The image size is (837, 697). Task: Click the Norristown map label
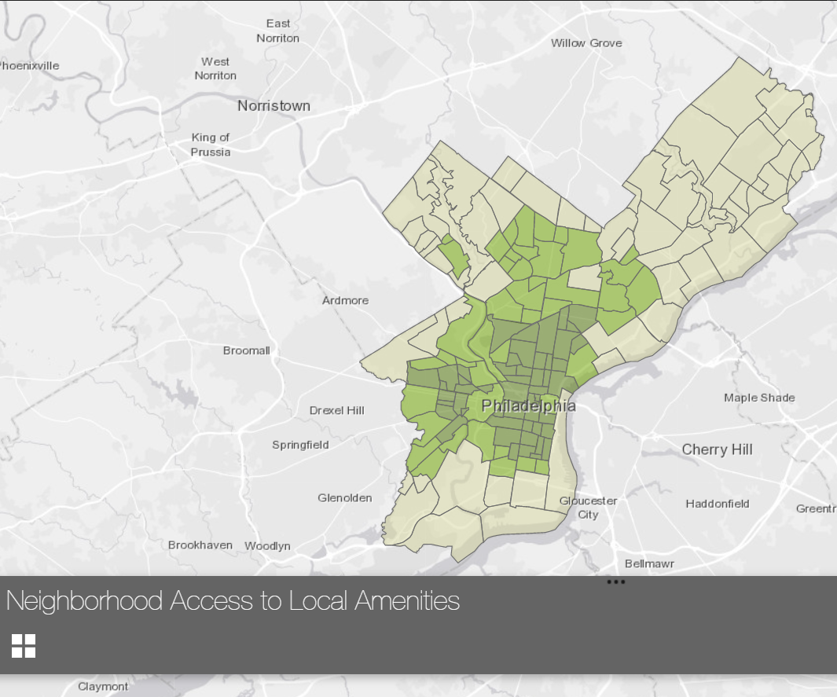(x=273, y=105)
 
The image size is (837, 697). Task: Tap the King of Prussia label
(x=211, y=145)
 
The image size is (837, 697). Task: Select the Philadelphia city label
(x=528, y=406)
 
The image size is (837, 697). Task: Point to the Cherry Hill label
(x=717, y=449)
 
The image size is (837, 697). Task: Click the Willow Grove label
(x=586, y=43)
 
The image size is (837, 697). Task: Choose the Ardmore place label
(x=345, y=300)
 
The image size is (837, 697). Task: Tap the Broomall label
(x=246, y=350)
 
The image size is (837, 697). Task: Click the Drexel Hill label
(x=337, y=410)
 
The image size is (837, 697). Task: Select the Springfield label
(x=300, y=445)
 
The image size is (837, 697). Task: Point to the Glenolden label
(x=344, y=497)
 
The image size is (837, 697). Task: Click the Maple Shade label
(x=759, y=398)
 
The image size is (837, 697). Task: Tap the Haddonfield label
(x=718, y=504)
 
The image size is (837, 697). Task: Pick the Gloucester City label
(x=588, y=508)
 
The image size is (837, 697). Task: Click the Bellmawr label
(x=649, y=563)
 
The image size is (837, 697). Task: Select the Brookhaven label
(x=200, y=545)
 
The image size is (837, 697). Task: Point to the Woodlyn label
(x=267, y=545)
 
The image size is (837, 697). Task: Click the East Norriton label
(x=277, y=31)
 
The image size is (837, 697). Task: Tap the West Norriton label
(x=215, y=68)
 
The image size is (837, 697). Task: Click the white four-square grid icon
(x=24, y=645)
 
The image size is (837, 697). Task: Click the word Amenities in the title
(x=406, y=601)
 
